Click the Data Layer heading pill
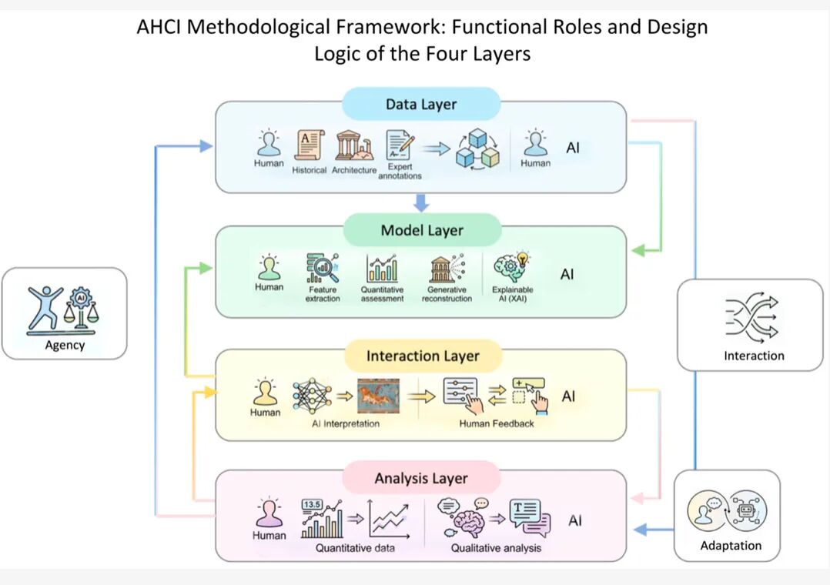pyautogui.click(x=421, y=104)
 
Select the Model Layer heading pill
pyautogui.click(x=422, y=229)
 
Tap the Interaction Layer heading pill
pyautogui.click(x=423, y=356)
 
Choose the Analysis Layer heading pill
pyautogui.click(x=421, y=478)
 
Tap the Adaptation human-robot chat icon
pyautogui.click(x=727, y=510)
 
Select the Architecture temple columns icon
pyautogui.click(x=353, y=145)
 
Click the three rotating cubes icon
pyautogui.click(x=477, y=149)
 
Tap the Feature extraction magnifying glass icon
pyautogui.click(x=323, y=268)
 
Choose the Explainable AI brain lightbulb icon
pyautogui.click(x=511, y=267)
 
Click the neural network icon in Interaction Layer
pyautogui.click(x=313, y=396)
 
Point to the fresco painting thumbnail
pyautogui.click(x=379, y=396)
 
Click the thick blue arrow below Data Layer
pyautogui.click(x=421, y=202)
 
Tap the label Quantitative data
pyautogui.click(x=355, y=548)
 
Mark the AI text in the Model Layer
pyautogui.click(x=567, y=274)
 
